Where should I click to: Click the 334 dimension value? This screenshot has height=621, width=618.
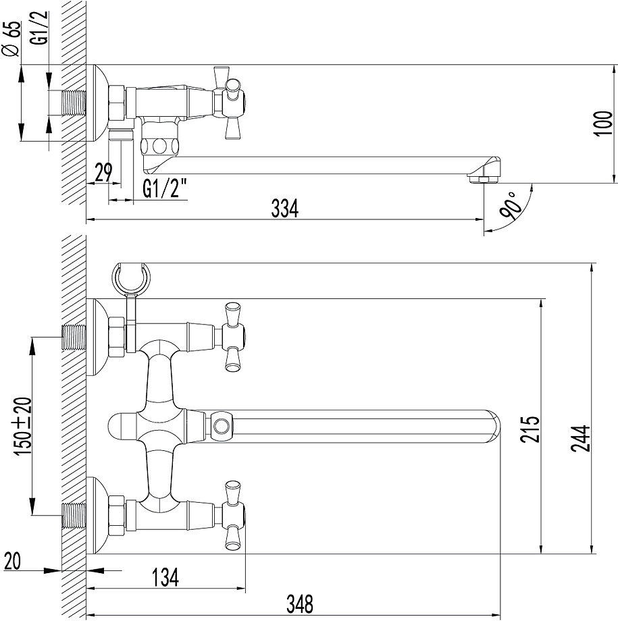pos(284,209)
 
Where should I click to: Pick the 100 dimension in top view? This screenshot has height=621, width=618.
pos(603,124)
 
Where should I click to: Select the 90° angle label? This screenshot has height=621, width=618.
pos(509,207)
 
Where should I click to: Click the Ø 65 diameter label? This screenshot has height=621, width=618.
pos(10,39)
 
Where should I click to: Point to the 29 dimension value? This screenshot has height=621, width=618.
pos(103,173)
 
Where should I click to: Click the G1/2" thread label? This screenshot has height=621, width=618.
pos(165,190)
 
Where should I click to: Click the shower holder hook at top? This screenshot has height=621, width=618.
pos(132,278)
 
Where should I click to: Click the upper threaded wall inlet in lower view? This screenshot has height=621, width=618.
pos(74,336)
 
